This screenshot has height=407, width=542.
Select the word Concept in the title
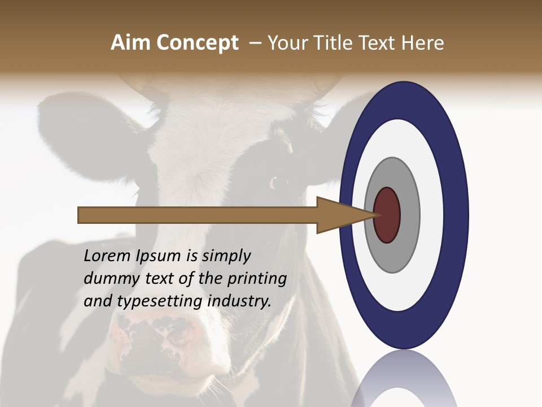(198, 43)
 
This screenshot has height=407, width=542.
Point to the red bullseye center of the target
(387, 215)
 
